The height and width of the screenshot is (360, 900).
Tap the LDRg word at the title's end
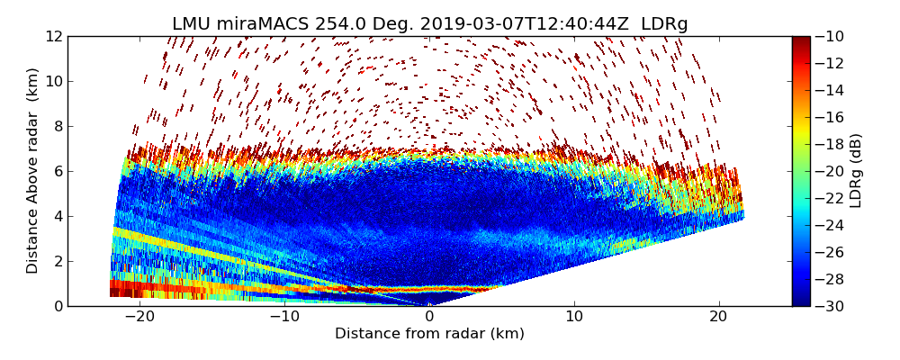pyautogui.click(x=664, y=24)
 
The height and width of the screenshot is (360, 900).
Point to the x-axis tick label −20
pyautogui.click(x=139, y=317)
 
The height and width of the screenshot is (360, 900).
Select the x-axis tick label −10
pyautogui.click(x=283, y=317)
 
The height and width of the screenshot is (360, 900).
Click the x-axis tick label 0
pyautogui.click(x=429, y=317)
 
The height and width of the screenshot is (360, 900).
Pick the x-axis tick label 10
pyautogui.click(x=574, y=317)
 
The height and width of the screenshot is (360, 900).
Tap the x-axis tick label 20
pyautogui.click(x=719, y=317)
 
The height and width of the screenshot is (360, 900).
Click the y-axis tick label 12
pyautogui.click(x=53, y=36)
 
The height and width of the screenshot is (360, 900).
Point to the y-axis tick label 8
pyautogui.click(x=57, y=126)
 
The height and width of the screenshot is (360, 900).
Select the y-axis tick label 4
pyautogui.click(x=57, y=216)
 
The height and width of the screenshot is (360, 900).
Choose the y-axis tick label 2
pyautogui.click(x=57, y=261)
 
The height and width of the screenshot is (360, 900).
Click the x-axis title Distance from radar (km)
pyautogui.click(x=429, y=334)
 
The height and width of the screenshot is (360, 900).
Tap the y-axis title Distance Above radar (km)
pyautogui.click(x=33, y=171)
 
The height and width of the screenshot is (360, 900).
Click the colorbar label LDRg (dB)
pyautogui.click(x=856, y=171)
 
